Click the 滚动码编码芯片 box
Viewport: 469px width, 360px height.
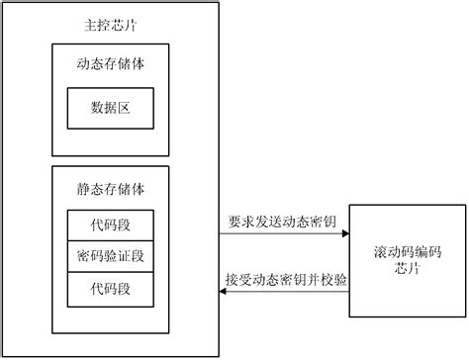pyautogui.click(x=406, y=260)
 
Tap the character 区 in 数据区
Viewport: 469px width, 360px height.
pyautogui.click(x=127, y=109)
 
